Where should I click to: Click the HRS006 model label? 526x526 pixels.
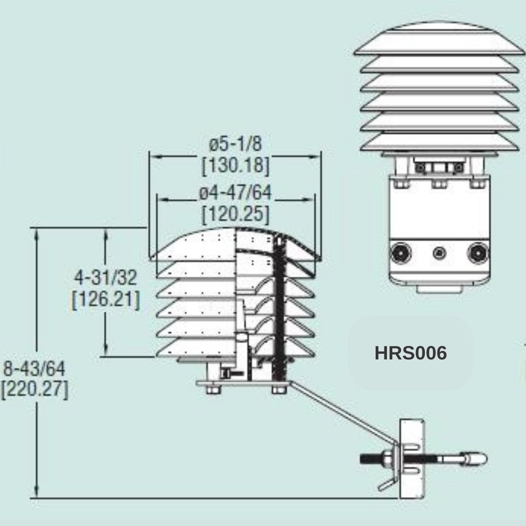point(411,353)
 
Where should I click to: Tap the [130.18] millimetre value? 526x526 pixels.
point(235,166)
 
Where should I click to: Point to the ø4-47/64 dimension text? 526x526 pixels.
point(235,193)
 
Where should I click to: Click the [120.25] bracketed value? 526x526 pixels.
point(235,214)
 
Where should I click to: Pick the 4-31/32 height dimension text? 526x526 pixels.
point(106,278)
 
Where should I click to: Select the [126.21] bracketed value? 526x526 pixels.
point(106,300)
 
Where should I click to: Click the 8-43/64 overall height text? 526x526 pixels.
point(34,369)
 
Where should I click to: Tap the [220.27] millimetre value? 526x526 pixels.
point(34,391)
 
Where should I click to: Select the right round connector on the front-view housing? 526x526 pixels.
point(478,253)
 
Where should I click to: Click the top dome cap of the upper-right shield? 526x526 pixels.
point(439,39)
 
